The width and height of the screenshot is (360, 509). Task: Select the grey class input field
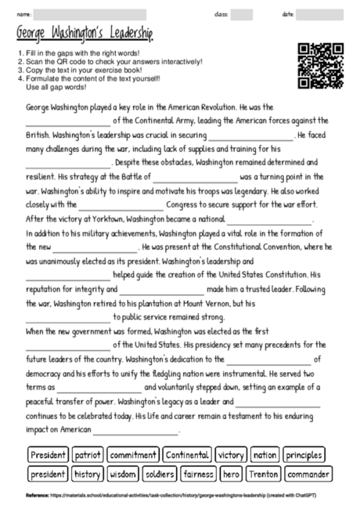pyautogui.click(x=242, y=13)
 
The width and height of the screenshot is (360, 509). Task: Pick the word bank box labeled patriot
pyautogui.click(x=88, y=455)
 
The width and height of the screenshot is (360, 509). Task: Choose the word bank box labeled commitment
pyautogui.click(x=133, y=455)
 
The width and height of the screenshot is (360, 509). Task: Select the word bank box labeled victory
pyautogui.click(x=231, y=455)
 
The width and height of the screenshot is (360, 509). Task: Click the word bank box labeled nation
pyautogui.click(x=265, y=455)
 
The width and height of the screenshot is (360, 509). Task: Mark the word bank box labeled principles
pyautogui.click(x=304, y=455)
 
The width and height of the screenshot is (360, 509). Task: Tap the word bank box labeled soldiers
pyautogui.click(x=160, y=474)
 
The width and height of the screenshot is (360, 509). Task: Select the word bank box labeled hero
pyautogui.click(x=232, y=474)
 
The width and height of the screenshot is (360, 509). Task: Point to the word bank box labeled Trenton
pyautogui.click(x=264, y=474)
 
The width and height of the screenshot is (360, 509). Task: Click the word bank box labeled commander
pyautogui.click(x=308, y=474)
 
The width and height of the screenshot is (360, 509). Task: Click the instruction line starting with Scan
pyautogui.click(x=110, y=61)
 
